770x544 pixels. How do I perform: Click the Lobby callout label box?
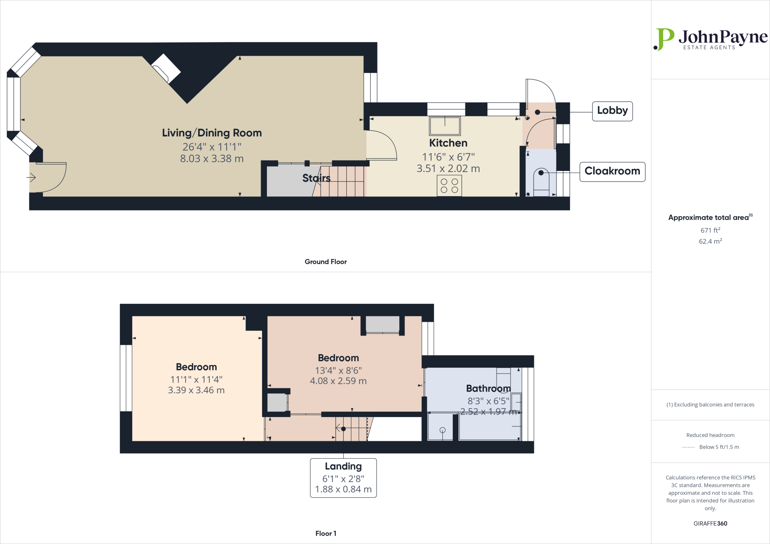point(612,111)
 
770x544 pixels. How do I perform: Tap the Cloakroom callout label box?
point(612,171)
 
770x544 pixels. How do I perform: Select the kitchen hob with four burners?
point(449,186)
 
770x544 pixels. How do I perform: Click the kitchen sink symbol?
point(445,125)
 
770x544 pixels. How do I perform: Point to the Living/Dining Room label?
point(212,133)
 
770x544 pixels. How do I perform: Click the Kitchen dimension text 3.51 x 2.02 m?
point(448,169)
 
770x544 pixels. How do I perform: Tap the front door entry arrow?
point(31,177)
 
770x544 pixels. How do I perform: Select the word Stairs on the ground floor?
point(316,178)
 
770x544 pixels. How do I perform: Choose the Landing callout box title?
point(343,466)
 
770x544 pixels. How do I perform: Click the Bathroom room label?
point(488,388)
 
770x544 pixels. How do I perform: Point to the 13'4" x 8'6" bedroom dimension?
point(338,370)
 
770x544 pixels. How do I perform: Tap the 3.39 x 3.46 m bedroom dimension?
point(196,390)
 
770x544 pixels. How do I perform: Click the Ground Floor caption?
point(326,262)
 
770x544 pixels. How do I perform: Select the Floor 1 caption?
point(326,533)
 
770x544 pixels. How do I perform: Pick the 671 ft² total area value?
point(710,230)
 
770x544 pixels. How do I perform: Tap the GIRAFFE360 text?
point(710,523)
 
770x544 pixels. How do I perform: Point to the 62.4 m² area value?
point(710,242)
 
